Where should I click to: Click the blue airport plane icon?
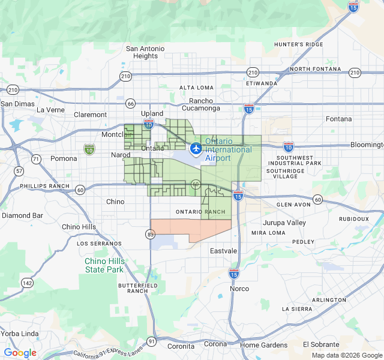[195, 148]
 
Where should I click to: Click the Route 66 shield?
[130, 103]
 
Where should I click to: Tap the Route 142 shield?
[27, 283]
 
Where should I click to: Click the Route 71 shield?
[37, 159]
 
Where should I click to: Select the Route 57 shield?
[20, 171]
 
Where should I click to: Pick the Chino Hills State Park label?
[104, 265]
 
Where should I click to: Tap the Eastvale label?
[224, 251]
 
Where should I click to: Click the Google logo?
[20, 353]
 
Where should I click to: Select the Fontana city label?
[339, 119]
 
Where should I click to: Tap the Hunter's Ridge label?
[298, 44]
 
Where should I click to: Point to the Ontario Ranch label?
[200, 212]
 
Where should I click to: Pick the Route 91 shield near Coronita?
[151, 341]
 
